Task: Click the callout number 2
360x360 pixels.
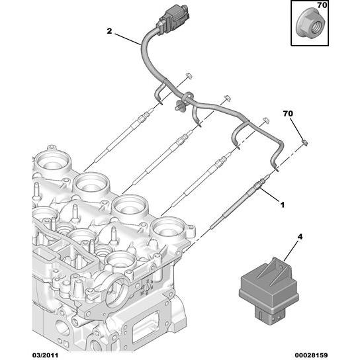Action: [111, 30]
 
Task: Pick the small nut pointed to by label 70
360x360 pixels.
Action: [304, 142]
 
